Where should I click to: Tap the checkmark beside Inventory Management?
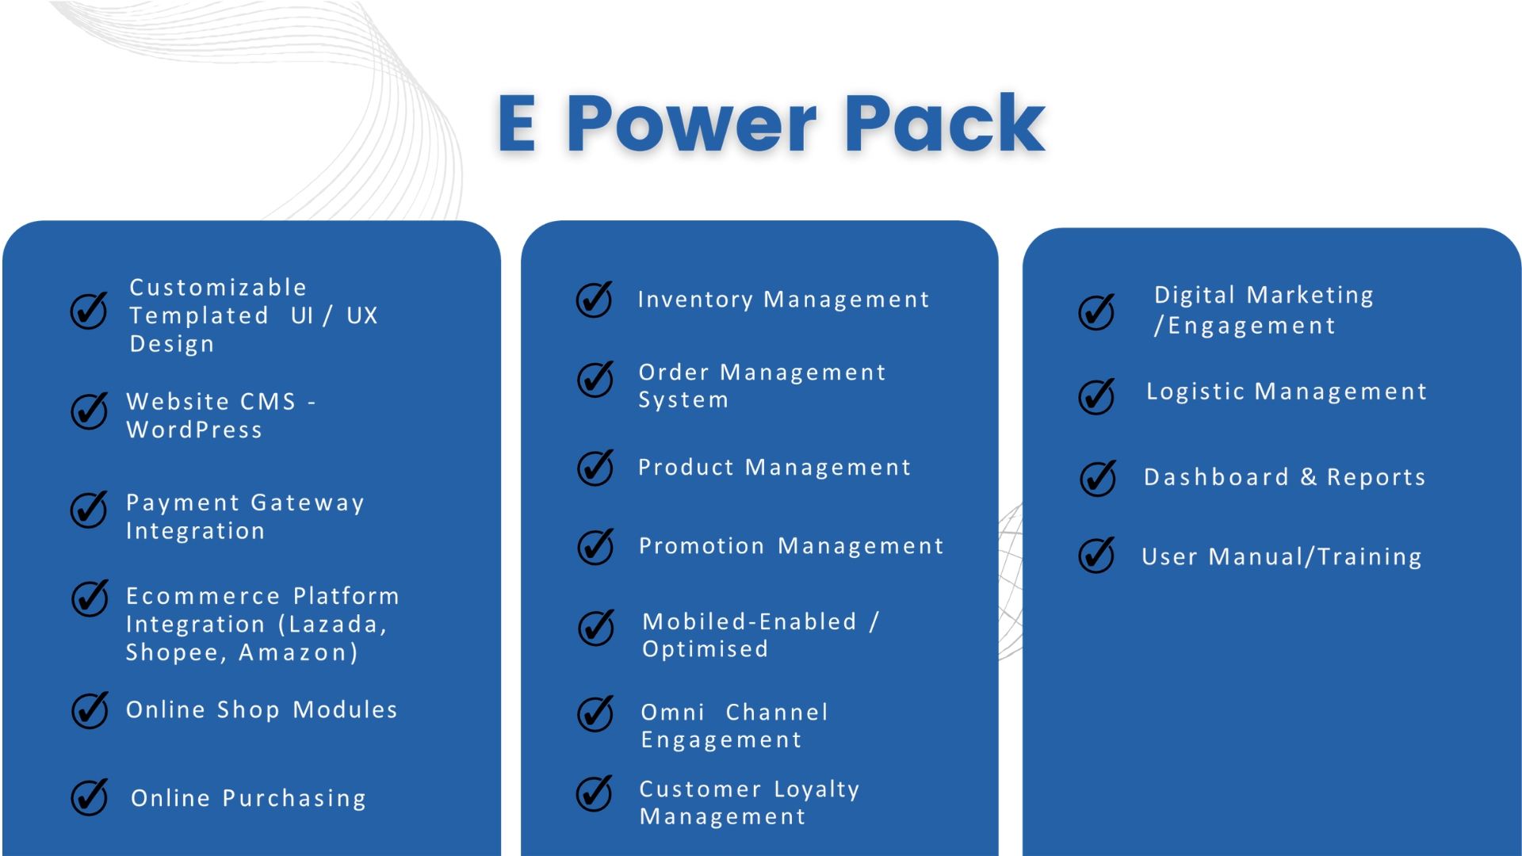coord(595,300)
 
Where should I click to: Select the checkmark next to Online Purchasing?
coord(90,797)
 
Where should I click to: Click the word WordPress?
coord(194,430)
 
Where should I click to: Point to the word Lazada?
coord(332,625)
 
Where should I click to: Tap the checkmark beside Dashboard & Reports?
coord(1098,478)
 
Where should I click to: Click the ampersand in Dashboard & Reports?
coord(1308,476)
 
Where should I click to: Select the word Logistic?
coord(1195,392)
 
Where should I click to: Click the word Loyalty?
coord(816,789)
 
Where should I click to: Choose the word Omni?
coord(672,712)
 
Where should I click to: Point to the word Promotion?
coord(702,546)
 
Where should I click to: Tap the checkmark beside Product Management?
coord(595,468)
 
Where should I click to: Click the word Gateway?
coord(308,503)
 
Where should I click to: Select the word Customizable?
coord(218,287)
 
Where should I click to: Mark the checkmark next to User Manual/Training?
coord(1097,555)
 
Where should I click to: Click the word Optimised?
coord(705,649)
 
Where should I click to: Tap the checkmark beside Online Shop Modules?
coord(90,710)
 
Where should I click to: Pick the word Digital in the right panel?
coord(1195,296)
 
